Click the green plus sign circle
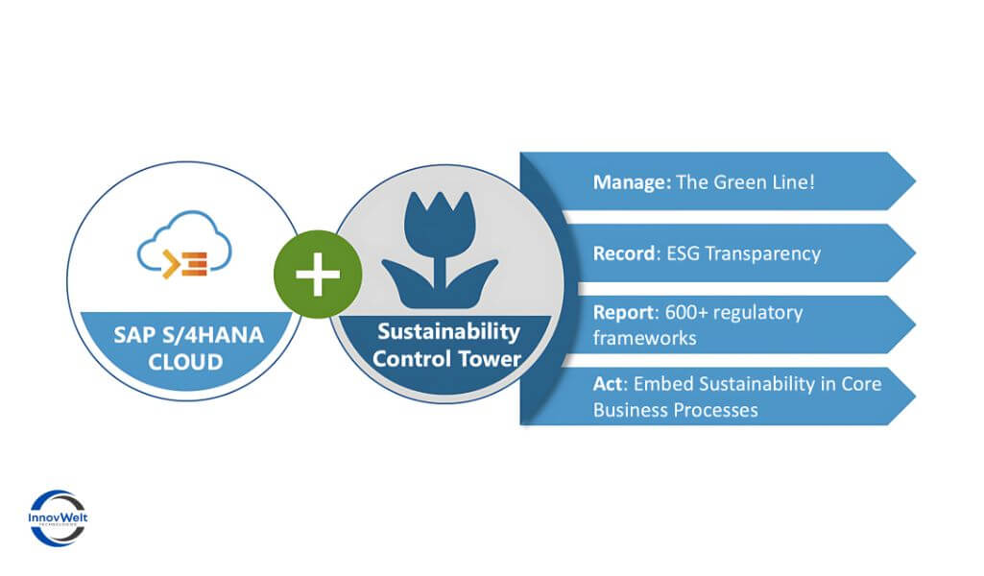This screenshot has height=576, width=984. click(x=318, y=275)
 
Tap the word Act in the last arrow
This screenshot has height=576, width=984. click(x=607, y=384)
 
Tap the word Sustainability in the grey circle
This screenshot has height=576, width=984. click(x=448, y=333)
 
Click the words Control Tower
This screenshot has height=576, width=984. click(x=448, y=359)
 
